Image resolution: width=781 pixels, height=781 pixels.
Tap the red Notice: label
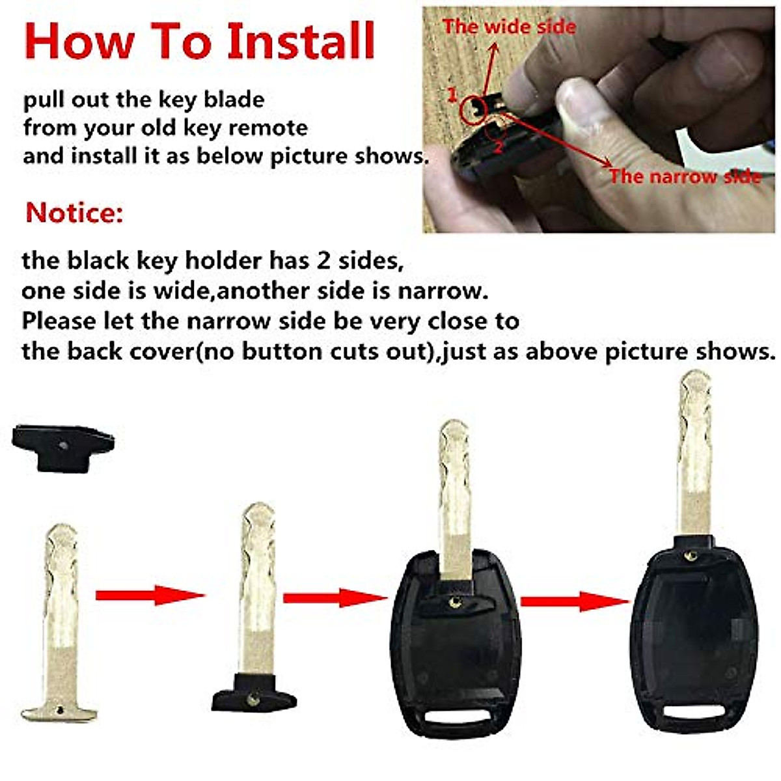pos(74,213)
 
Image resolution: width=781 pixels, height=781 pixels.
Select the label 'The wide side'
pos(509,27)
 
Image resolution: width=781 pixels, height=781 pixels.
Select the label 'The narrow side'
pos(685,176)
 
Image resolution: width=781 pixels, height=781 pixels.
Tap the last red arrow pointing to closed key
pos(575,600)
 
